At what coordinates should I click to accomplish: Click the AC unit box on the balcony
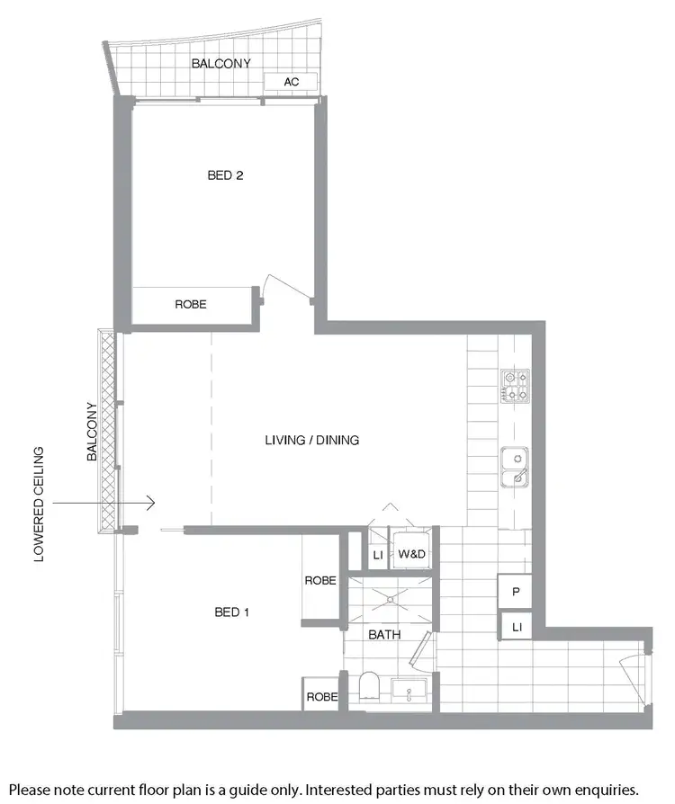[291, 82]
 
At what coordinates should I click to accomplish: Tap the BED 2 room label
[225, 175]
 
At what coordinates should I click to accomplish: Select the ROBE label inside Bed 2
[191, 305]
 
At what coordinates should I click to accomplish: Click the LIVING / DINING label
[312, 440]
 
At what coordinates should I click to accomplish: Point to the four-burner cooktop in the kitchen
[515, 386]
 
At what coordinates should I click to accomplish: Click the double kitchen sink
[515, 467]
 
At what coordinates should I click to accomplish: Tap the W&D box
[411, 555]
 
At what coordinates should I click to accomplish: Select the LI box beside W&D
[378, 555]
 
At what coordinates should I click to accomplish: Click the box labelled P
[517, 593]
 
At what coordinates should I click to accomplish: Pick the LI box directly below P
[517, 625]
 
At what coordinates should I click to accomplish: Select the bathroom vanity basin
[414, 693]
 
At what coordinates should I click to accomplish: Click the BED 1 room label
[232, 612]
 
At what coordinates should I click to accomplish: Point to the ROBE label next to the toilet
[321, 697]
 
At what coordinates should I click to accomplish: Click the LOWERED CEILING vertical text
[39, 504]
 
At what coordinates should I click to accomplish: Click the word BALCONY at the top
[220, 64]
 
